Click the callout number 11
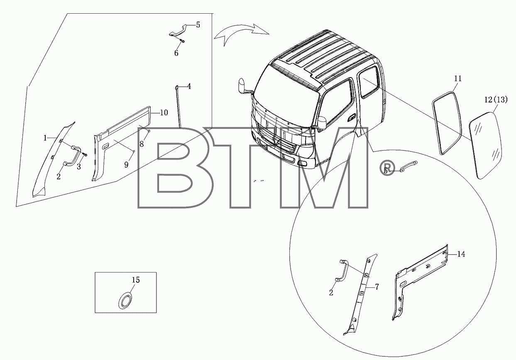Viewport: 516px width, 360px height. [458, 79]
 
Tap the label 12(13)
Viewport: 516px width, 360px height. [496, 100]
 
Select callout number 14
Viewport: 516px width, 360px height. [461, 254]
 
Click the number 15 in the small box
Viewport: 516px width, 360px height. [136, 280]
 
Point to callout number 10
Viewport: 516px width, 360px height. [164, 112]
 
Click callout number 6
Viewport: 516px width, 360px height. [176, 53]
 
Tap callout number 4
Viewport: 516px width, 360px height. [189, 86]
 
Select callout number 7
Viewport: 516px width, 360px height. [377, 287]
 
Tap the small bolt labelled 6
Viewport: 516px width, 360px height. [182, 41]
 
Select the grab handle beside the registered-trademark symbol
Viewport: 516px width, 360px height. [408, 166]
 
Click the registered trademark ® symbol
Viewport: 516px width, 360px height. [387, 168]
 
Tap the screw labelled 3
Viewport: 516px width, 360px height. [85, 155]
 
